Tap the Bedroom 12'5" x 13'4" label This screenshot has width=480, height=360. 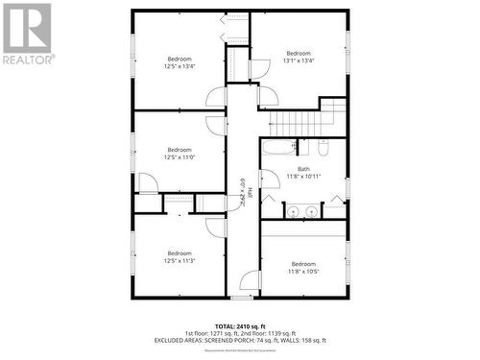coord(180,63)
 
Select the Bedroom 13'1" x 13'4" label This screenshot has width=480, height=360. coord(299,57)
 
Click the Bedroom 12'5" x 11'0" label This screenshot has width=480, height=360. coord(180,154)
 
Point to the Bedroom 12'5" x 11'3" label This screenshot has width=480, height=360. coord(180,257)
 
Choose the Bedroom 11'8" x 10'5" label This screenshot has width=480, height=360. coord(303,267)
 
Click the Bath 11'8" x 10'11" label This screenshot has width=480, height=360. coord(303,173)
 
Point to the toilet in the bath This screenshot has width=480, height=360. coord(323,149)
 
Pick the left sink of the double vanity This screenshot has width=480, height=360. coord(294,210)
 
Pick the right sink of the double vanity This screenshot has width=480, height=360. coord(313,210)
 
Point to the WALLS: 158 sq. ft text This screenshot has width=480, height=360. coord(306,341)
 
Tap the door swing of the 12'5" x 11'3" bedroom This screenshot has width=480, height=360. coord(216,227)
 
